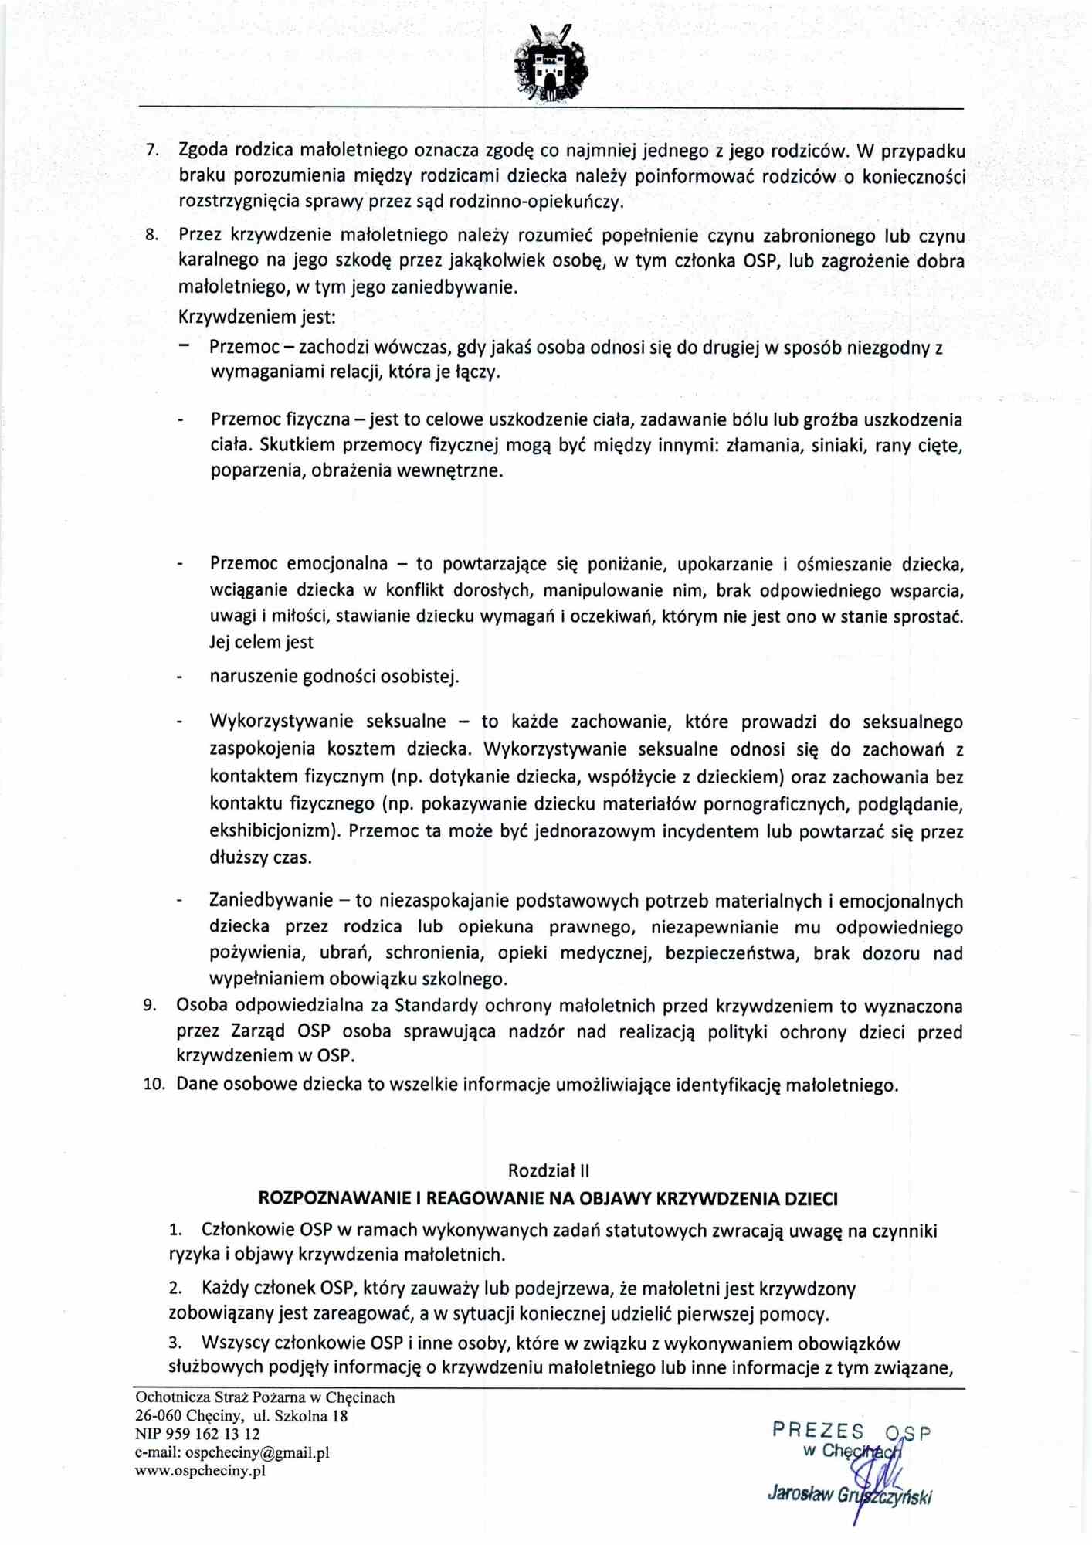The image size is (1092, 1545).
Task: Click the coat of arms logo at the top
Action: pos(550,63)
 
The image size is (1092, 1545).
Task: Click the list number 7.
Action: pos(152,149)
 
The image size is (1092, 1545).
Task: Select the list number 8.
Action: pos(152,234)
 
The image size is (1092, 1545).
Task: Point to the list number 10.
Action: pos(154,1084)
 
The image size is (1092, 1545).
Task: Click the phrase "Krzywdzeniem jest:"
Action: pos(257,317)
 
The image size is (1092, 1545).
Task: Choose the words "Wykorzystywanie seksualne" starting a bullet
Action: pos(327,722)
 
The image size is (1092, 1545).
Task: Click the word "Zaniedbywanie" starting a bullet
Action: pos(270,900)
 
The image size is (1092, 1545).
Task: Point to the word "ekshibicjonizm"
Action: pos(274,831)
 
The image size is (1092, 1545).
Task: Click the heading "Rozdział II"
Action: pos(548,1170)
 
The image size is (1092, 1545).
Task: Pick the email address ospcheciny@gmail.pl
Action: pos(256,1452)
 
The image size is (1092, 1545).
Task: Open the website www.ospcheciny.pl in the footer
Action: pos(200,1470)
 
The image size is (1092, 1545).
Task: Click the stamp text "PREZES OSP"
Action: pos(851,1431)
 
